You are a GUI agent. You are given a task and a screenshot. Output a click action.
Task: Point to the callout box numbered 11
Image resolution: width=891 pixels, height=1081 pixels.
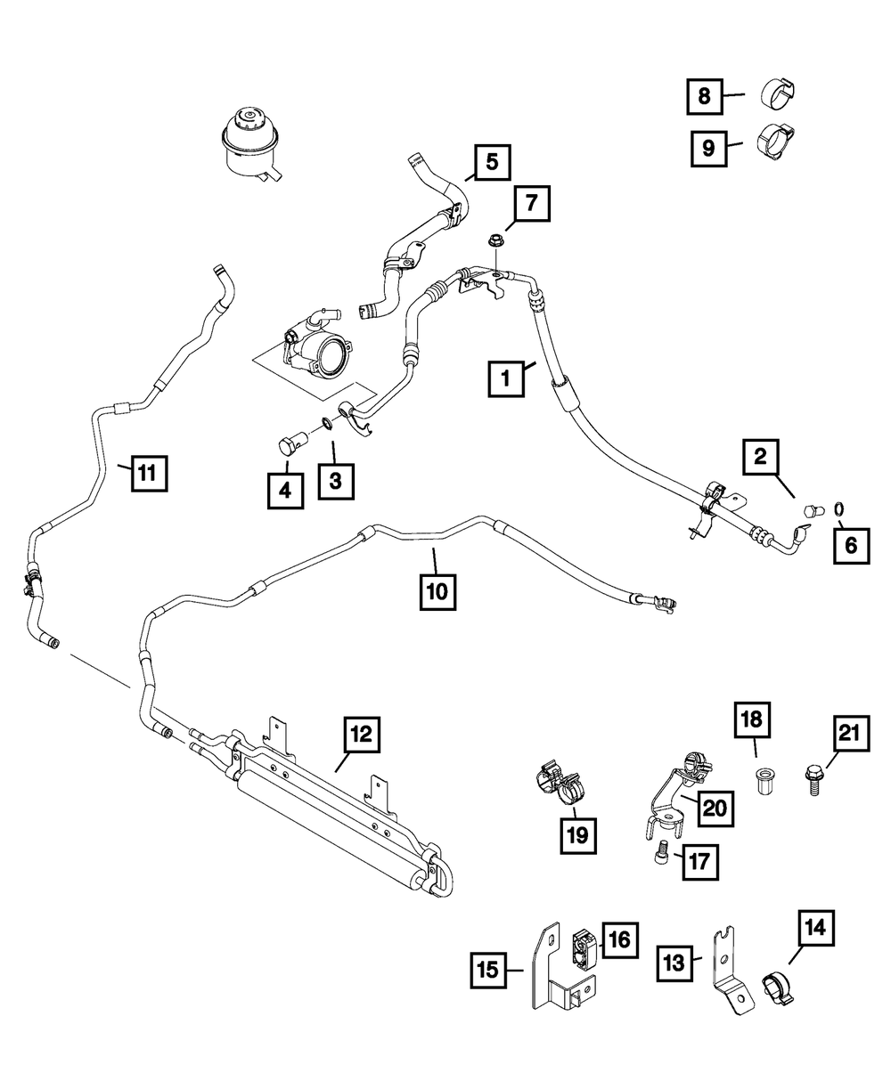[149, 473]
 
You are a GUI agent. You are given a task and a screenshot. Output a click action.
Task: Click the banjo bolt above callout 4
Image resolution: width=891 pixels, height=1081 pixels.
[290, 443]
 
